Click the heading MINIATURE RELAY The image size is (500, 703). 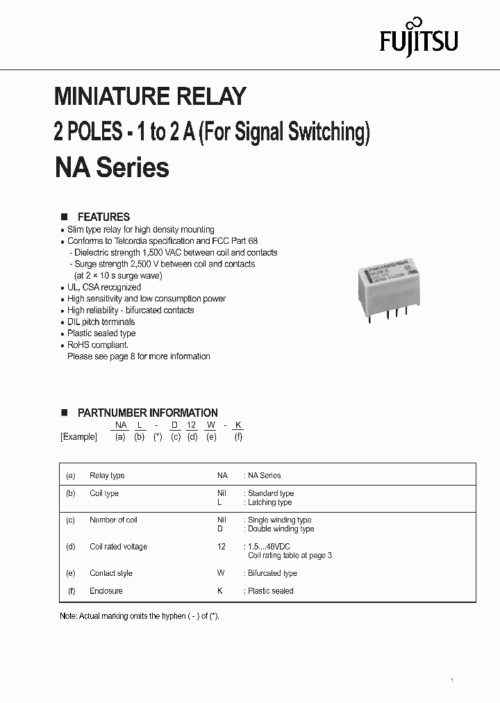pos(150,97)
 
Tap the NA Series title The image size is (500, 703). pos(111,167)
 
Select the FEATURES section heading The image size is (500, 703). pos(103,217)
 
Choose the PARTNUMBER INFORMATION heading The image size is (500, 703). pos(147,413)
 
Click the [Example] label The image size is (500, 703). pos(78,437)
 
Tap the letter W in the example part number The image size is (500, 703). pos(211,425)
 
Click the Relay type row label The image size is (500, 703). pos(107,476)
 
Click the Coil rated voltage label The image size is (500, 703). pos(118,547)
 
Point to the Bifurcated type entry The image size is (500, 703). pos(272,573)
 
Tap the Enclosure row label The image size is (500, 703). pos(106,591)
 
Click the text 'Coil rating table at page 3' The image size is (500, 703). pos(290,556)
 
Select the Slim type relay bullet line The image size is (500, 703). pos(140,229)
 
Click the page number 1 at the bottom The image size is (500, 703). pos(451,680)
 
